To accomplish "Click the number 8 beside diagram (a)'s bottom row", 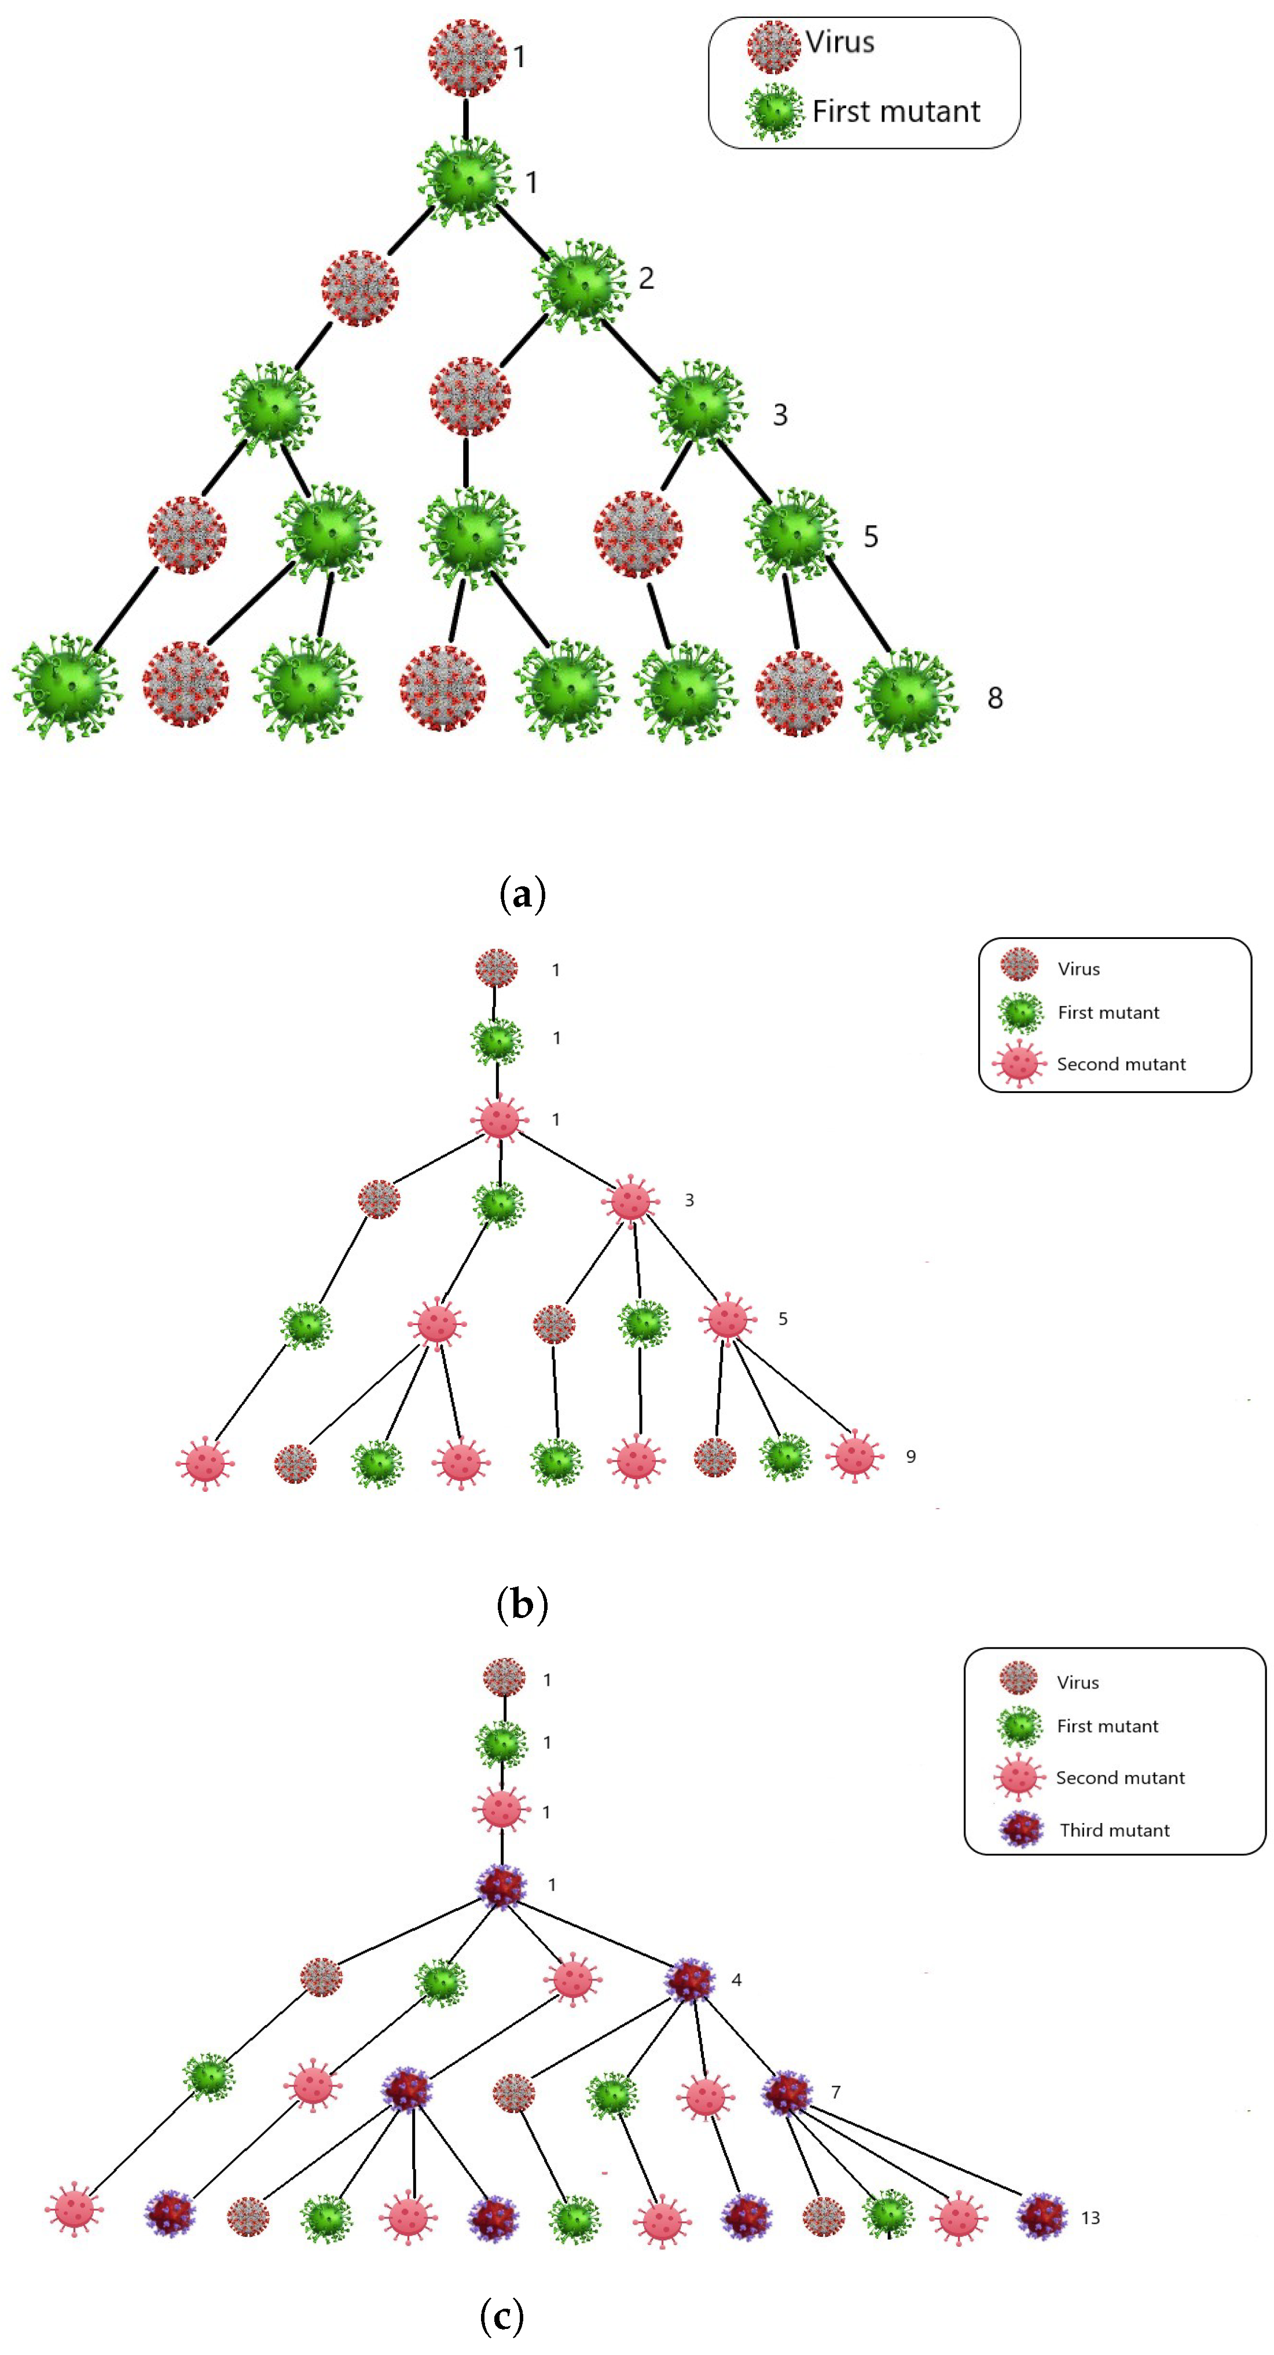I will [995, 699].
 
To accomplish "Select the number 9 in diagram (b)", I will [910, 1457].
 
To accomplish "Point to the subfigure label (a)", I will [523, 893].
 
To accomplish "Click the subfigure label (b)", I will [522, 1604].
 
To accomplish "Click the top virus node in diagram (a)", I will [467, 57].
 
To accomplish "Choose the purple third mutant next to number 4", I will [690, 1980].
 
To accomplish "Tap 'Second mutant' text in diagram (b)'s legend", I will [1121, 1064].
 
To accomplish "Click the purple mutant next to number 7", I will [787, 2093].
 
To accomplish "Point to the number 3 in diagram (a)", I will [780, 415].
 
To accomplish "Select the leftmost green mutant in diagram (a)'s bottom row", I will [65, 685].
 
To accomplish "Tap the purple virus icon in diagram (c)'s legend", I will [1021, 1829].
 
